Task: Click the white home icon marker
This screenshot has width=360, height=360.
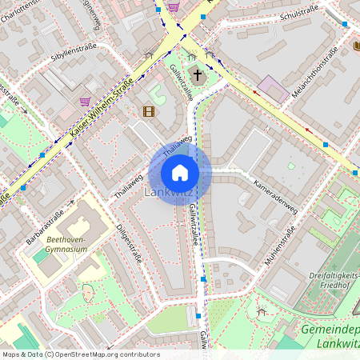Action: point(180,173)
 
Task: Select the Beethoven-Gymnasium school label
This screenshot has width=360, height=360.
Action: point(66,244)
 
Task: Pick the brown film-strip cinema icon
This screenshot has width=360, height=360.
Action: point(148,111)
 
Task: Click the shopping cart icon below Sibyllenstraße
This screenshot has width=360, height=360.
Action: point(85,102)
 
